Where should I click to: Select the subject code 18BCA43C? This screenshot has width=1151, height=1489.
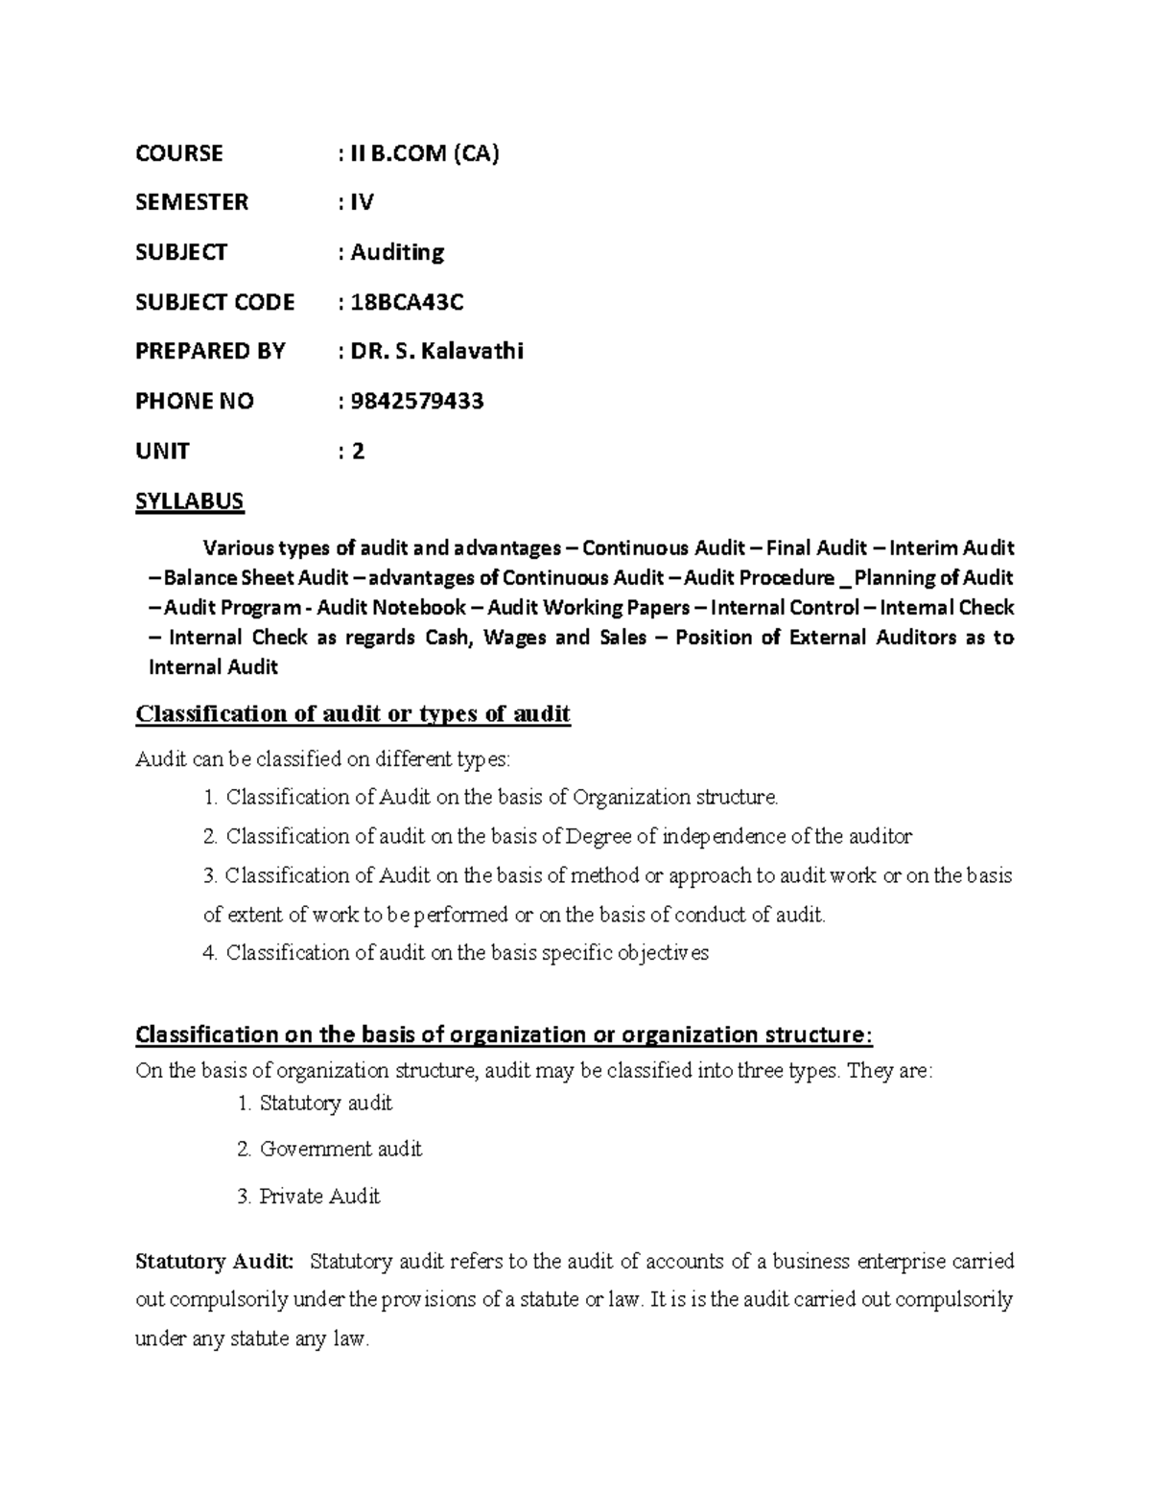[x=408, y=302]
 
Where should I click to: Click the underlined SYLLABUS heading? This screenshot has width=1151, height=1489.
[x=190, y=500]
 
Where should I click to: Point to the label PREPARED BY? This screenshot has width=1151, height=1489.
[x=210, y=351]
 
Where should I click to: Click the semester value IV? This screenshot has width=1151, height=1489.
[x=363, y=202]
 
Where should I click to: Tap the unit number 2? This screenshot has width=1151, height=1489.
[x=358, y=451]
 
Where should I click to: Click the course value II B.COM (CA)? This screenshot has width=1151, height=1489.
[x=425, y=153]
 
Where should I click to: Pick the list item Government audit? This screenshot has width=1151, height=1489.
[x=341, y=1149]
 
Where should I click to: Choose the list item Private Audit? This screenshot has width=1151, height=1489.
[x=319, y=1196]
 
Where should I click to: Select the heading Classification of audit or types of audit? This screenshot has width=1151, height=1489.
[x=353, y=714]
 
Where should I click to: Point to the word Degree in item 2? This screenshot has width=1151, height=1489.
[x=599, y=836]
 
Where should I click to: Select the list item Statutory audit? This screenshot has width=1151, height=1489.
[x=325, y=1103]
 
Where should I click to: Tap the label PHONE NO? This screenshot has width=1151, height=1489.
[x=195, y=401]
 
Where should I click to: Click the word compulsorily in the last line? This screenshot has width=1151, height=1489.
[x=953, y=1300]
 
